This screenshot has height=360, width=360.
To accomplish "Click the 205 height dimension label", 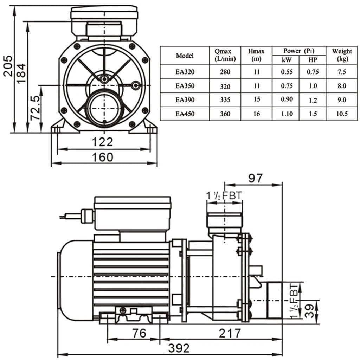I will click(8, 66).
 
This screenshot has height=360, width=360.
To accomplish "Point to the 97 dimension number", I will click(256, 178).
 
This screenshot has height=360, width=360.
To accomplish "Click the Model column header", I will click(185, 56).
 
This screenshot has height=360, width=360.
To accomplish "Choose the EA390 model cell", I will click(185, 100).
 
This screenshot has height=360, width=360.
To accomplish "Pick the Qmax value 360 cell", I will click(225, 114).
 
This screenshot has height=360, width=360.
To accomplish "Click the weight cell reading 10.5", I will click(342, 114).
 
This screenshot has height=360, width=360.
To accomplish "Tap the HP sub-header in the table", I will click(313, 60).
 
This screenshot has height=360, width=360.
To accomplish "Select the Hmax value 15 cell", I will click(257, 99).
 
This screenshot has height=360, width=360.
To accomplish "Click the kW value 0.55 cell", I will click(287, 72).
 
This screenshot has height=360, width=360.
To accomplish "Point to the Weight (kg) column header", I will click(342, 55).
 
